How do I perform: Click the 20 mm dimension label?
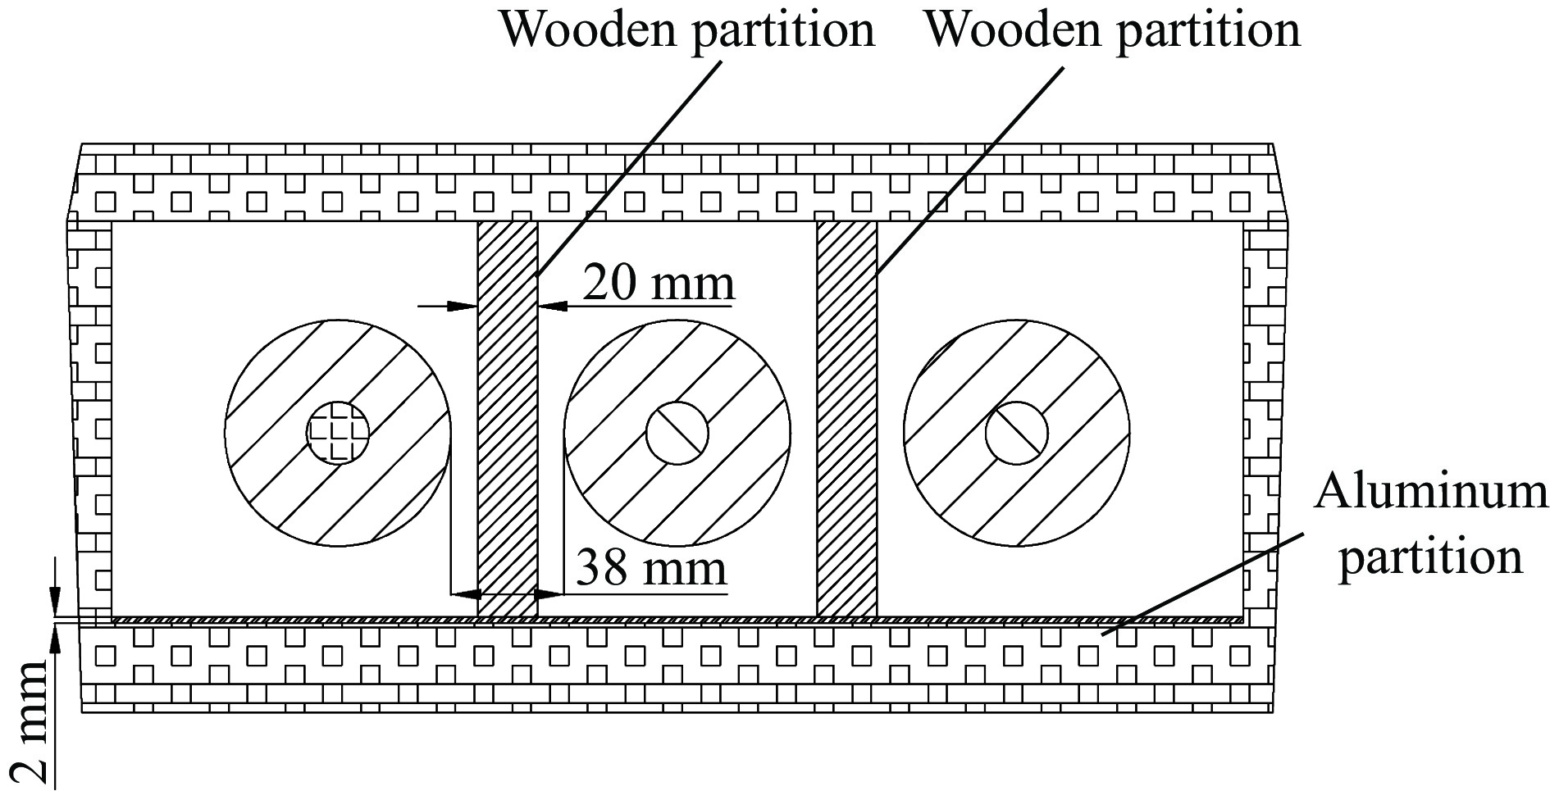tap(658, 284)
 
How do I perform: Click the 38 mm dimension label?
tap(651, 568)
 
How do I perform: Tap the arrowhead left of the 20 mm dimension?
tap(464, 307)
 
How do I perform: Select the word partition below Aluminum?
tap(1430, 557)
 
